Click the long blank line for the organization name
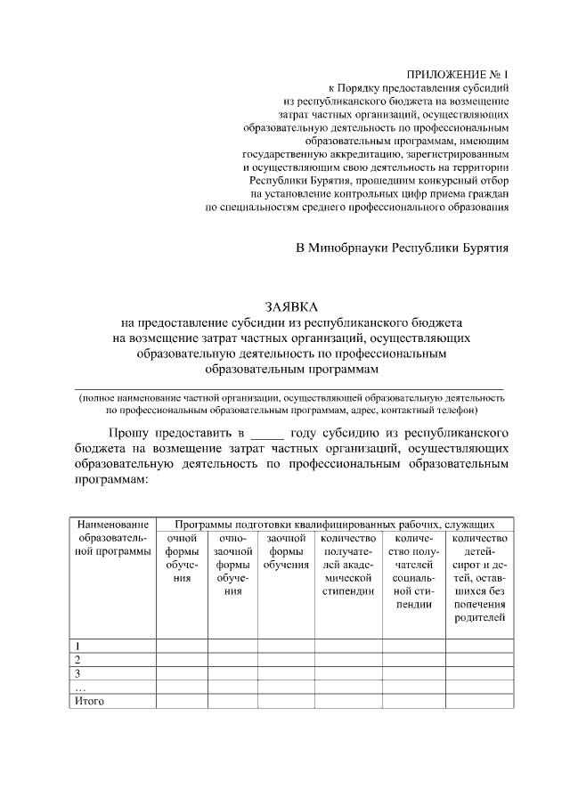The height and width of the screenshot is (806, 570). click(x=291, y=388)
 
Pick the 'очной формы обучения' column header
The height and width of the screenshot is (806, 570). click(x=182, y=558)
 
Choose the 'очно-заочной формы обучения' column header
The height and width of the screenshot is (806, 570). click(x=232, y=564)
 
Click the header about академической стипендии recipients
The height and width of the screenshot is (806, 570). click(x=346, y=564)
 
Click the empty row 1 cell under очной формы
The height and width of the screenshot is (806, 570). click(x=182, y=646)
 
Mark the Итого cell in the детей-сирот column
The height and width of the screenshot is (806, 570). click(x=479, y=701)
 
